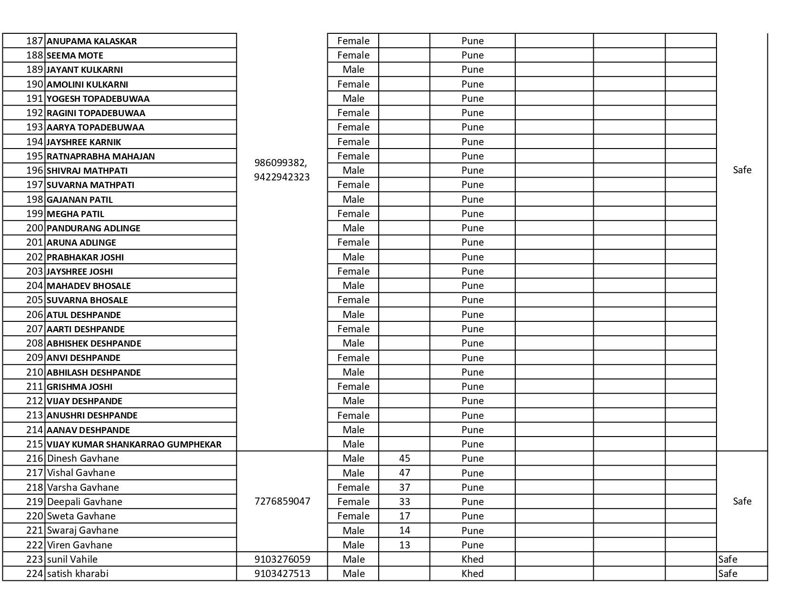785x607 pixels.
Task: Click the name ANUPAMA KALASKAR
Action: [x=92, y=41]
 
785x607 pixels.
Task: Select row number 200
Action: [x=35, y=228]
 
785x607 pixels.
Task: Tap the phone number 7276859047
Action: [x=282, y=501]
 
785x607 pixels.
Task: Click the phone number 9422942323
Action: [x=282, y=177]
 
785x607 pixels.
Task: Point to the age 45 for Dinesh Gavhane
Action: [x=404, y=458]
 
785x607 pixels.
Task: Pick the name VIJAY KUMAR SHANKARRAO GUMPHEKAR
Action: [x=134, y=444]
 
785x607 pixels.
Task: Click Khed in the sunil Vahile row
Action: [x=472, y=559]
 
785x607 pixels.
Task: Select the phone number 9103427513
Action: [x=282, y=574]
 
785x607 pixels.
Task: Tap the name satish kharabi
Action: [x=78, y=574]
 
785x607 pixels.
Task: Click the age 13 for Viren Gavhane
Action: [x=404, y=545]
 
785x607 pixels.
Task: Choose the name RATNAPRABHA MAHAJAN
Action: [x=101, y=156]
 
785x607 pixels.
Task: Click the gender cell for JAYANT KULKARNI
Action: [x=353, y=70]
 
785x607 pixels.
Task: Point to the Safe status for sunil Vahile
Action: [x=727, y=559]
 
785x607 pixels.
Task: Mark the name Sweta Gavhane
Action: [x=81, y=516]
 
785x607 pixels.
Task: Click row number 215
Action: [x=35, y=444]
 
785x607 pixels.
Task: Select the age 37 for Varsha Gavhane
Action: [x=404, y=488]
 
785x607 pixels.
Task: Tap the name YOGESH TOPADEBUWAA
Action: [x=98, y=99]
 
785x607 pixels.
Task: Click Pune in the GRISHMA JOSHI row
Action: [x=472, y=387]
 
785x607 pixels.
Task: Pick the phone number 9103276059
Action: [x=282, y=559]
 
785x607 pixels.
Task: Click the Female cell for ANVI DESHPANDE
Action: [x=353, y=358]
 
